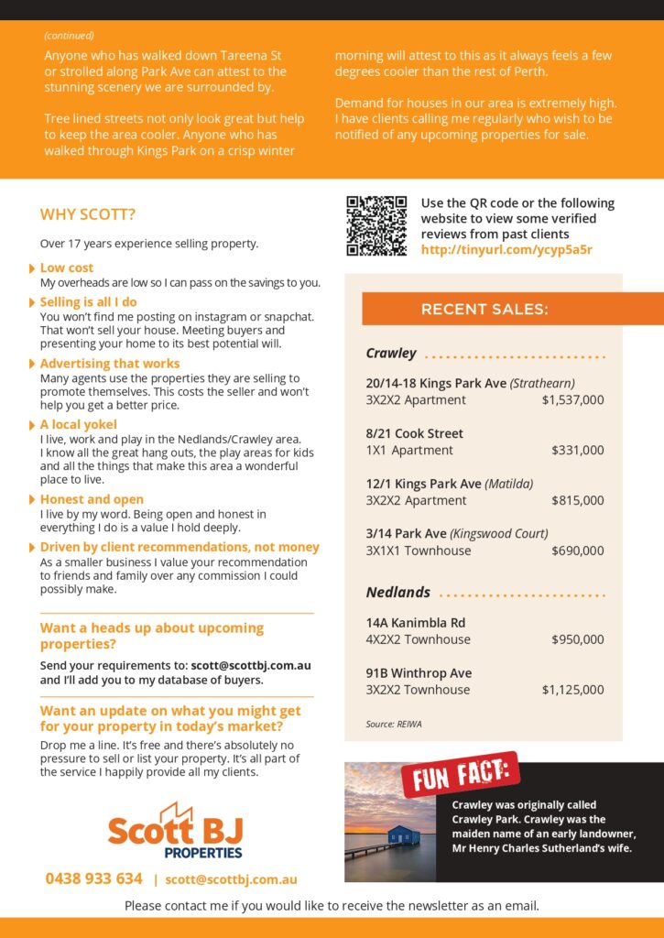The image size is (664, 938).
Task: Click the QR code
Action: pyautogui.click(x=376, y=225)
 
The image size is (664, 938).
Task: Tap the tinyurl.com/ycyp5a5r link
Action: pyautogui.click(x=506, y=249)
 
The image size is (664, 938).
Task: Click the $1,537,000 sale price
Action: pyautogui.click(x=572, y=400)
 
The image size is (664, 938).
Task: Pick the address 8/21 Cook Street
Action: pyautogui.click(x=414, y=433)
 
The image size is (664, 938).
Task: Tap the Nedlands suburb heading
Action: pyautogui.click(x=397, y=593)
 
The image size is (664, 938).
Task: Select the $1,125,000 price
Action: pyautogui.click(x=572, y=690)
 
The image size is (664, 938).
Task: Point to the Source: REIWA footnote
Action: pyautogui.click(x=394, y=725)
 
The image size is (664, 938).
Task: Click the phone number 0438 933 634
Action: pyautogui.click(x=94, y=878)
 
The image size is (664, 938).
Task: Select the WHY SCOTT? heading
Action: pyautogui.click(x=88, y=215)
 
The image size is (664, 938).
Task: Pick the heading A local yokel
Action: pyautogui.click(x=78, y=425)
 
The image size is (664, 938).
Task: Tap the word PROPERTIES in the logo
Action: pyautogui.click(x=203, y=852)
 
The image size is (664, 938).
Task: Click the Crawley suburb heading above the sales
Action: pyautogui.click(x=391, y=354)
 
